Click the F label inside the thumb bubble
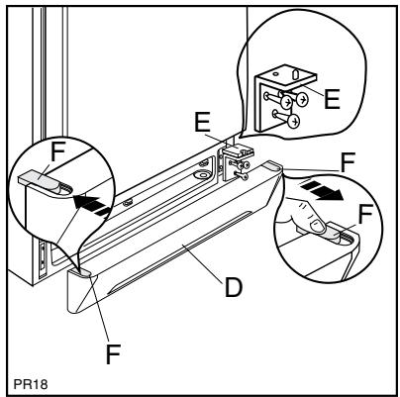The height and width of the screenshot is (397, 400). coord(365,212)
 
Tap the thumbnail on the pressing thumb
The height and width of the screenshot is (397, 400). coord(315,230)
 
